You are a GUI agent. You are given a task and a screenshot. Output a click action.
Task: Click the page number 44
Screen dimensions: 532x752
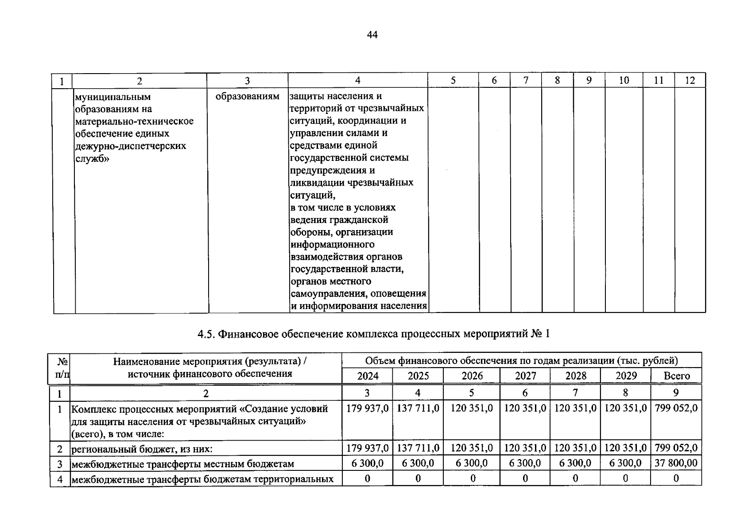point(372,35)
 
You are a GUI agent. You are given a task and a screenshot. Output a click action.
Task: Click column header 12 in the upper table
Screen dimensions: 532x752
point(690,80)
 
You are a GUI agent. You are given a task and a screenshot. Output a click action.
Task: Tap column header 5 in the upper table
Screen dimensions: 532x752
point(453,80)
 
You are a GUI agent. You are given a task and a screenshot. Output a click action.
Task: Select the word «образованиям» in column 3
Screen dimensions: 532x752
point(247,96)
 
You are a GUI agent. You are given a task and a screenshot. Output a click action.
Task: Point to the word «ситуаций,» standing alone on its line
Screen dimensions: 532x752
point(313,195)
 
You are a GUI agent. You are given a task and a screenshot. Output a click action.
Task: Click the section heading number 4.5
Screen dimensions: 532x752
point(205,334)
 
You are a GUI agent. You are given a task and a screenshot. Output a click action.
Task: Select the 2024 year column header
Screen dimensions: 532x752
point(368,376)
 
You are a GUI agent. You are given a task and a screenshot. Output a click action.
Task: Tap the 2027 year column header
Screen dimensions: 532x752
point(525,376)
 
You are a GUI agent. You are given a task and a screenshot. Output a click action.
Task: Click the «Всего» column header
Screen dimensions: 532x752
point(676,376)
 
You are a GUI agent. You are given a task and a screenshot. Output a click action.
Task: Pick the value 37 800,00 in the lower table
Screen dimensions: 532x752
point(676,463)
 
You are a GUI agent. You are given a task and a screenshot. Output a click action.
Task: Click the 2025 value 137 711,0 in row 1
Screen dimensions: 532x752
point(418,408)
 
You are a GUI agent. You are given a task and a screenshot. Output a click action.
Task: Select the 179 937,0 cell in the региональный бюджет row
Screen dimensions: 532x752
point(367,448)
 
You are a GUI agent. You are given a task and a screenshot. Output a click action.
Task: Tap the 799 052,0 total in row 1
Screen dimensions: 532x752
point(676,408)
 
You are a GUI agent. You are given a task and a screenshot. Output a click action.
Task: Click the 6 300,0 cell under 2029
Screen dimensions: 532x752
point(625,463)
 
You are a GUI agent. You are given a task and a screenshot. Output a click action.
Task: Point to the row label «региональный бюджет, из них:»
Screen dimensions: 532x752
point(142,449)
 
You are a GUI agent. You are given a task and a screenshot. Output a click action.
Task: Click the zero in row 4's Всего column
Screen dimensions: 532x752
point(676,478)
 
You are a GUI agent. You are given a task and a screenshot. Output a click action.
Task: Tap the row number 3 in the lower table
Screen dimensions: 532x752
point(60,464)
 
